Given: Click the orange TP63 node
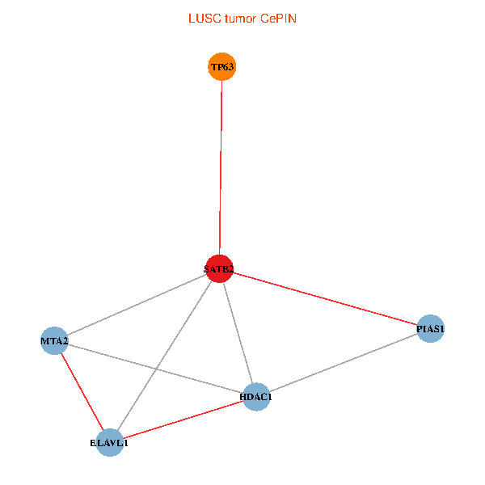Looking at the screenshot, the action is pyautogui.click(x=221, y=67).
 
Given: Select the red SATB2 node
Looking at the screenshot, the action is pyautogui.click(x=220, y=268).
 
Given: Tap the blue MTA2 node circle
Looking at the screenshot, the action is pyautogui.click(x=54, y=341).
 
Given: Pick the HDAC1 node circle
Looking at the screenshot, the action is pyautogui.click(x=256, y=396).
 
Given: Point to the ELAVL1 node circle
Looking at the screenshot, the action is pyautogui.click(x=109, y=443).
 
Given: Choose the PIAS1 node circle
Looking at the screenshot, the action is pyautogui.click(x=431, y=329).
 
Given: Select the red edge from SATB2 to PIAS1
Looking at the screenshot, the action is pyautogui.click(x=323, y=298).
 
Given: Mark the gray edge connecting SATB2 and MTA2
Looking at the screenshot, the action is pyautogui.click(x=137, y=305).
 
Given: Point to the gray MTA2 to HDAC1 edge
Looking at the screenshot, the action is pyautogui.click(x=154, y=368).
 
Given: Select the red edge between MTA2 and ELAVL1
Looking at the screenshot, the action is pyautogui.click(x=81, y=391).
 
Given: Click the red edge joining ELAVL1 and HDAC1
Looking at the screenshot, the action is pyautogui.click(x=183, y=420).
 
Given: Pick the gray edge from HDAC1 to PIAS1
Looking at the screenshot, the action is pyautogui.click(x=344, y=363).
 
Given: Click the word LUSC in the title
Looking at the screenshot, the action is pyautogui.click(x=202, y=19).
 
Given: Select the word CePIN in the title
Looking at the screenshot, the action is pyautogui.click(x=278, y=19).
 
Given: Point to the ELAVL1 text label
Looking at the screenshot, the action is pyautogui.click(x=109, y=443).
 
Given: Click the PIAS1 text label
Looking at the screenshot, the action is pyautogui.click(x=431, y=329).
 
